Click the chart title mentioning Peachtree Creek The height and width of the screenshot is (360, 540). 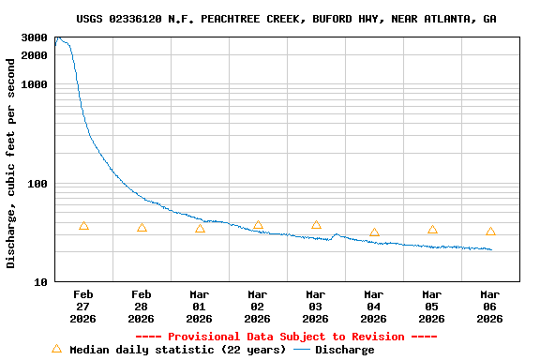tap(286, 19)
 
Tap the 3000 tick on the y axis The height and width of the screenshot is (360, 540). tap(35, 37)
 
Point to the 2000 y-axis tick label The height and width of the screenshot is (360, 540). tap(35, 55)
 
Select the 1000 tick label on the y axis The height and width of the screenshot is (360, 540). tap(35, 84)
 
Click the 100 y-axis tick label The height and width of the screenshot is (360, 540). tap(37, 184)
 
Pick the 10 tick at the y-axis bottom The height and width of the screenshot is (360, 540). tap(40, 282)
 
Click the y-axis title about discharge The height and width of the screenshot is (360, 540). tap(11, 163)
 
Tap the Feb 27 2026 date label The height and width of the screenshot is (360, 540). tap(83, 306)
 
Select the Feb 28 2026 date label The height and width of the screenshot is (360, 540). tap(142, 306)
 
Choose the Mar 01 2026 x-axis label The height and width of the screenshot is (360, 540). tap(200, 306)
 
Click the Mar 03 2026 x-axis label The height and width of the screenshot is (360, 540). tap(316, 306)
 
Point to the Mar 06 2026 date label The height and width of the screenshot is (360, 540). tap(490, 306)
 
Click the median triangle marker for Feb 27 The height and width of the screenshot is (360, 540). tap(83, 226)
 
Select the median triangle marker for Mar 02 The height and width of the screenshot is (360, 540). tap(258, 225)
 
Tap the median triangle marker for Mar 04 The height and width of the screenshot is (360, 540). tap(374, 232)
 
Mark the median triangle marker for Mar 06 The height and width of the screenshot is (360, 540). tap(490, 232)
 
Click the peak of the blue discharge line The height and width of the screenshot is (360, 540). tap(57, 37)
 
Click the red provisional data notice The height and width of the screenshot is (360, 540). tap(286, 337)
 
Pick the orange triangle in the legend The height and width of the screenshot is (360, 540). tap(56, 349)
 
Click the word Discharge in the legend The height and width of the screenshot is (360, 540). tap(344, 350)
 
